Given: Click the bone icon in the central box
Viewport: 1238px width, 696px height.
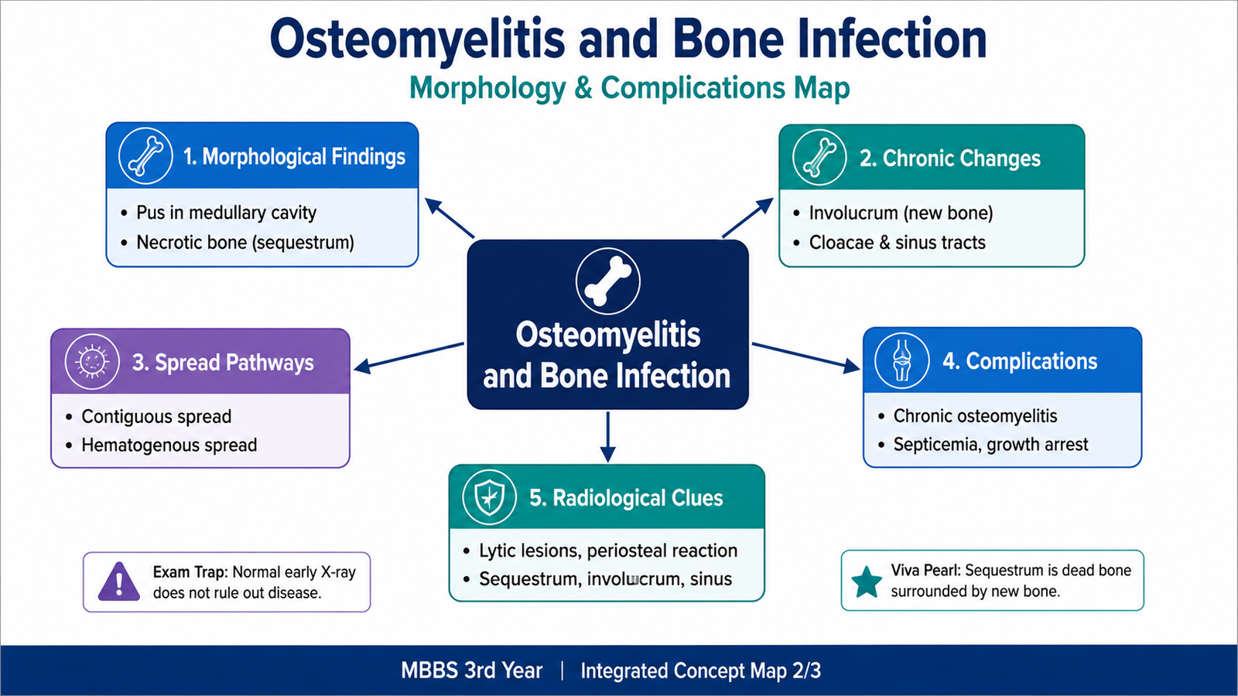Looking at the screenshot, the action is (x=608, y=281).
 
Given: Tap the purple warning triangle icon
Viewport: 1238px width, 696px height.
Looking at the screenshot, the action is (x=119, y=582).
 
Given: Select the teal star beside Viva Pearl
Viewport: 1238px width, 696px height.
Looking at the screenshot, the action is (x=866, y=582).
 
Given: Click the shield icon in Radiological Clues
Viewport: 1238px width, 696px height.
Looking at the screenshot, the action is (x=489, y=496).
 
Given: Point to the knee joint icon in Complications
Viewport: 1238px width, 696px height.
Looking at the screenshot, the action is (x=901, y=360).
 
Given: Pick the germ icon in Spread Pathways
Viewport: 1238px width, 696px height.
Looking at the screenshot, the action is (x=92, y=362).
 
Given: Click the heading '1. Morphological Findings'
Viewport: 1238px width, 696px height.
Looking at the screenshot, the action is (x=294, y=157).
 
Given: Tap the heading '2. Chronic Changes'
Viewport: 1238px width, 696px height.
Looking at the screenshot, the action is (x=949, y=159).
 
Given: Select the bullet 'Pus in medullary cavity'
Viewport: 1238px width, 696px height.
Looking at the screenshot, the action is (x=226, y=213).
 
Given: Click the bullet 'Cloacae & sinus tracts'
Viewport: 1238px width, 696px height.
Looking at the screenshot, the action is (x=897, y=243).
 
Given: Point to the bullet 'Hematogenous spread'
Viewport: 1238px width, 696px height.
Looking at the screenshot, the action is (x=169, y=445).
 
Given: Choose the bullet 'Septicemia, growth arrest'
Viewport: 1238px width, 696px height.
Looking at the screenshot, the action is (x=990, y=445).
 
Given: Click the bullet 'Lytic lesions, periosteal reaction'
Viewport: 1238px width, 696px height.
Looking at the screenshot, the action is (x=608, y=551).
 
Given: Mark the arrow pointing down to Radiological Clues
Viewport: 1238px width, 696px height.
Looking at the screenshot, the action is (x=608, y=436).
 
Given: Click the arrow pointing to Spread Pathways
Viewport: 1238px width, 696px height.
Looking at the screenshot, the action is (x=409, y=357).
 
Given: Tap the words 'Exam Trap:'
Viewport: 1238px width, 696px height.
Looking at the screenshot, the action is (x=190, y=572).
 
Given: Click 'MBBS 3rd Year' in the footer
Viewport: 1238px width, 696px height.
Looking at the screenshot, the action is (x=471, y=670).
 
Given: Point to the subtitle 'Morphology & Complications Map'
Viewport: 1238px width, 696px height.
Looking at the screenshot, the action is (x=630, y=87).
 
